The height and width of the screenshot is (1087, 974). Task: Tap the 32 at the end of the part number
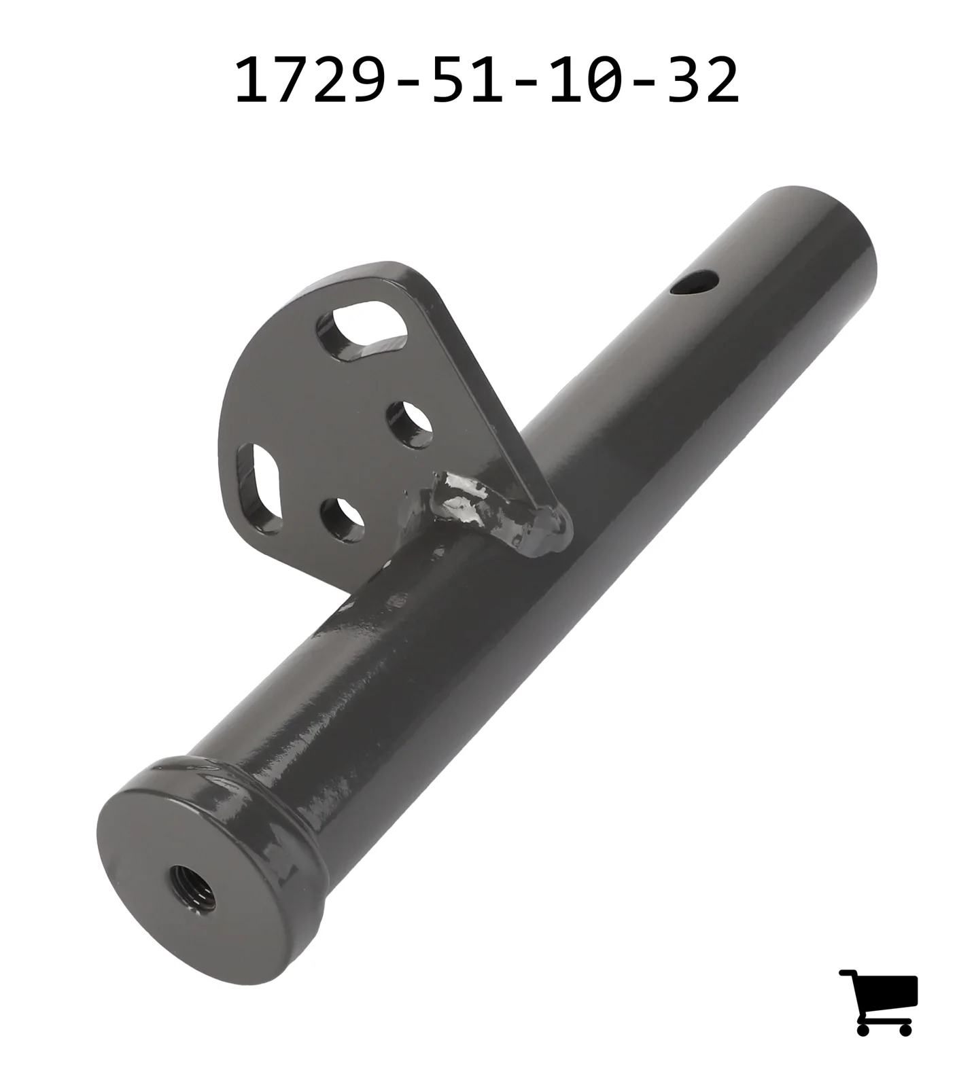tap(703, 81)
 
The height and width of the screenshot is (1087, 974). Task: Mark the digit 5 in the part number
tap(449, 81)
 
